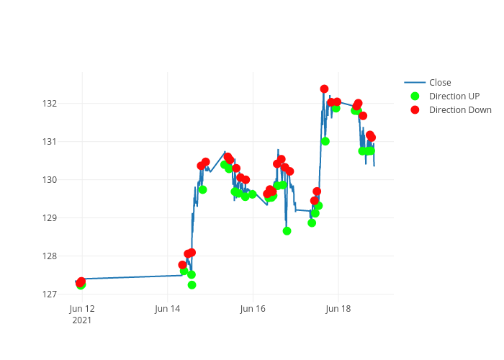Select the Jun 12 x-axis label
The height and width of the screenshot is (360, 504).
tap(82, 309)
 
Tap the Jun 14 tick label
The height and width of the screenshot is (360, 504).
tap(167, 309)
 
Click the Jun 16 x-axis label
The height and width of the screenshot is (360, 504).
tap(253, 309)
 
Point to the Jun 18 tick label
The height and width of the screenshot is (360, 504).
tap(338, 309)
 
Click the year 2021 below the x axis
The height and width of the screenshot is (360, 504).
tap(82, 320)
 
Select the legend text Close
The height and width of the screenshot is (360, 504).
tap(440, 82)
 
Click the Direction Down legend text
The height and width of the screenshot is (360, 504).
tap(460, 110)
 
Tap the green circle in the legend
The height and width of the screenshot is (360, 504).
tap(415, 96)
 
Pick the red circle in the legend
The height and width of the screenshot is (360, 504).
tap(415, 110)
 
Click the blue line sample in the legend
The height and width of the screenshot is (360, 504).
tap(415, 82)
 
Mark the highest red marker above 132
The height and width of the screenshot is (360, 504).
tap(324, 89)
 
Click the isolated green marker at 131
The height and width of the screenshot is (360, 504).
tap(325, 141)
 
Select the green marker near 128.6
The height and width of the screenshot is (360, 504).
tap(287, 231)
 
